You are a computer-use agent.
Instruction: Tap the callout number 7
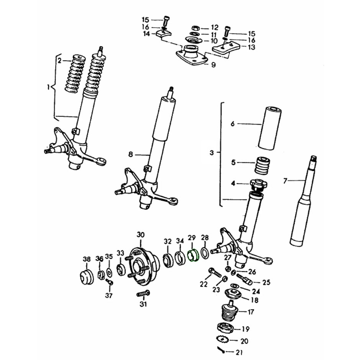pos(285,181)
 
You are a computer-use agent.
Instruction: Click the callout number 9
pos(213,65)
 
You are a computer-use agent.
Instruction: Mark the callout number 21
pos(239,352)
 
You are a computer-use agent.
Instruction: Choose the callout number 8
pos(131,154)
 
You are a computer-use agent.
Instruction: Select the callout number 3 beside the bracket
pos(212,153)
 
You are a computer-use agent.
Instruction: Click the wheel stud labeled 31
pos(143,294)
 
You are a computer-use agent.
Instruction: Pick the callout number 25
pos(266,282)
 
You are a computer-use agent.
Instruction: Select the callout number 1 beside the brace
pos(49,87)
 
